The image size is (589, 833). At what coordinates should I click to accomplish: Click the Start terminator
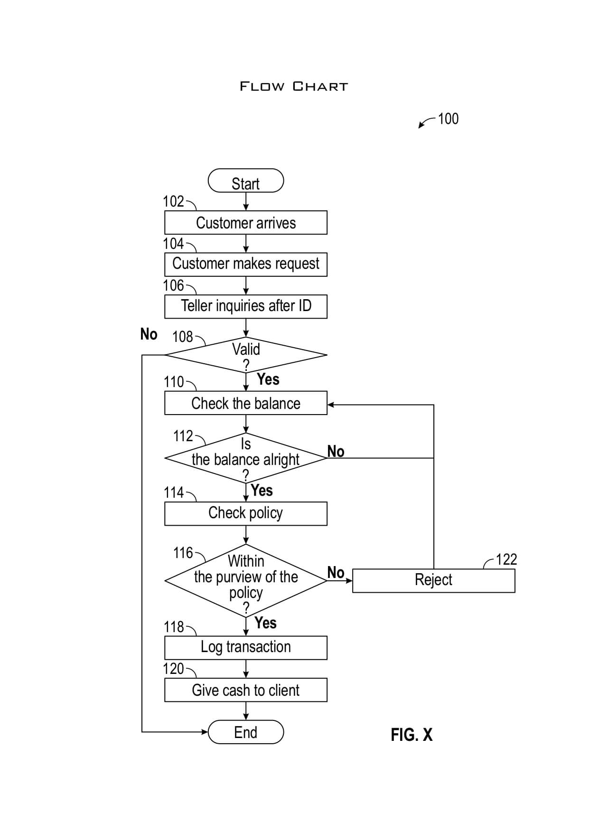click(x=245, y=181)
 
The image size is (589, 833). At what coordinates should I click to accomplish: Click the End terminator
click(x=245, y=732)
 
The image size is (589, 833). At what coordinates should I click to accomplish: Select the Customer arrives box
click(x=245, y=223)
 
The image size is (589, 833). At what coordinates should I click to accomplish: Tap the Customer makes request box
click(x=245, y=264)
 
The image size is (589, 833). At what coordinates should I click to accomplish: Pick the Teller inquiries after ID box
click(x=245, y=306)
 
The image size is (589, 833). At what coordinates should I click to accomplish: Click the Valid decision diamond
click(x=245, y=355)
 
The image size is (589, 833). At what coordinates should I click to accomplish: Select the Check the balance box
click(x=245, y=403)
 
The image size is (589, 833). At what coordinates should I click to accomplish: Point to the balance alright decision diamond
click(x=245, y=458)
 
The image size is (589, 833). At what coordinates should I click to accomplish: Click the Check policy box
click(x=245, y=513)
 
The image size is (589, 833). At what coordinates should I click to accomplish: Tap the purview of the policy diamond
click(x=245, y=580)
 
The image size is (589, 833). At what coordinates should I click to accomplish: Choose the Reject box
click(x=433, y=580)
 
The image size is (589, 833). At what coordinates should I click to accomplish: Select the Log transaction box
click(x=245, y=647)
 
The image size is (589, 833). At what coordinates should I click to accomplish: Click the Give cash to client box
click(x=245, y=690)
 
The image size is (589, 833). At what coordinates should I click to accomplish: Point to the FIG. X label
click(x=411, y=735)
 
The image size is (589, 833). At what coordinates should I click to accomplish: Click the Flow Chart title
click(x=294, y=86)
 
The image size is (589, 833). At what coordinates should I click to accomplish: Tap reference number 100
click(x=448, y=119)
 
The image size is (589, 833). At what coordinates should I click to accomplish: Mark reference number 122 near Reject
click(x=506, y=559)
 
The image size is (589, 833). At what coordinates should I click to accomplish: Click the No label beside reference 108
click(x=149, y=334)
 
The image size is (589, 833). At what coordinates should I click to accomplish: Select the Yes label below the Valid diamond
click(x=268, y=379)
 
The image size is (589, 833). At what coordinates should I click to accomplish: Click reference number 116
click(x=183, y=553)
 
